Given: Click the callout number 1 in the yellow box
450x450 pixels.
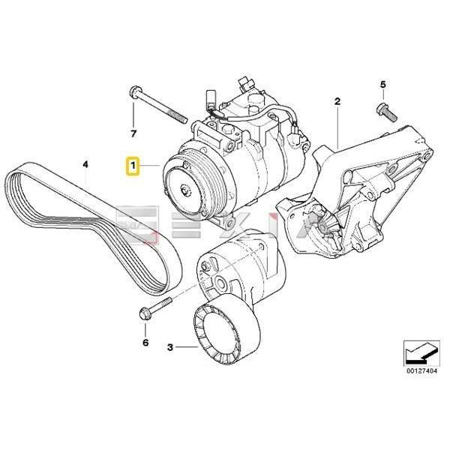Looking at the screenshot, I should point(132,165).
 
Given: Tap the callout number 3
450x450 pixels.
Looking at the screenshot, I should point(170,347).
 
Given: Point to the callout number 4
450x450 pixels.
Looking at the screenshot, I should point(85,163).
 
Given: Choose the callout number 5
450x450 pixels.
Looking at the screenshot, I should point(382,84).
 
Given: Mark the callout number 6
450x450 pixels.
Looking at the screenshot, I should point(145,343).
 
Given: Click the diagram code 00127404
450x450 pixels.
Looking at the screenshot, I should point(419,370).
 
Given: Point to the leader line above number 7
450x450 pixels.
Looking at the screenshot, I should point(133,116).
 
